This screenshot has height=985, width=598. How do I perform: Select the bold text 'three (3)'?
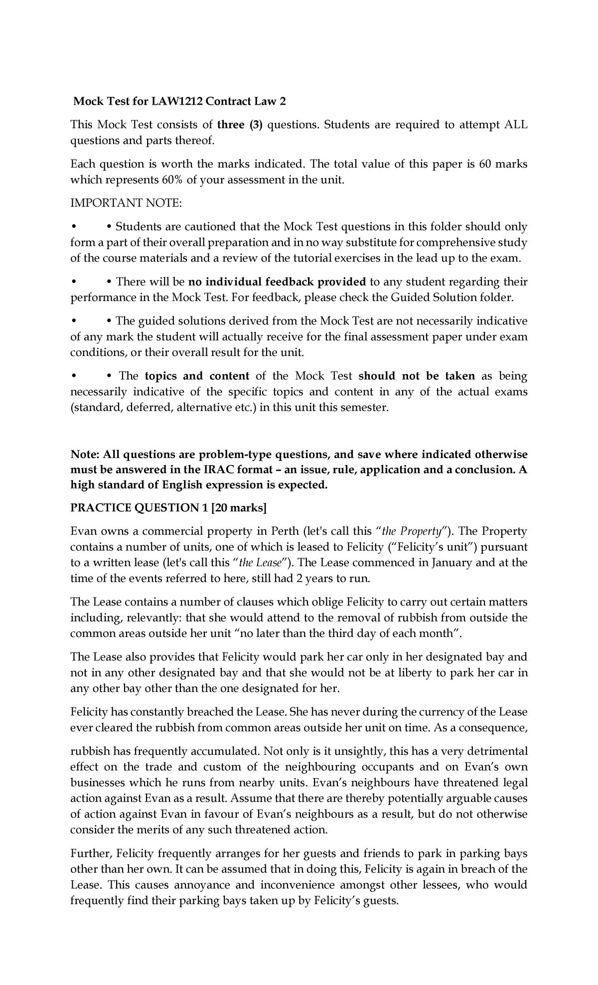pyautogui.click(x=239, y=125)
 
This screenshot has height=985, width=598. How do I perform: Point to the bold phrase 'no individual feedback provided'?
pyautogui.click(x=277, y=282)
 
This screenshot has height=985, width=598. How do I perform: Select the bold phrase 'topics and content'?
pyautogui.click(x=197, y=376)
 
